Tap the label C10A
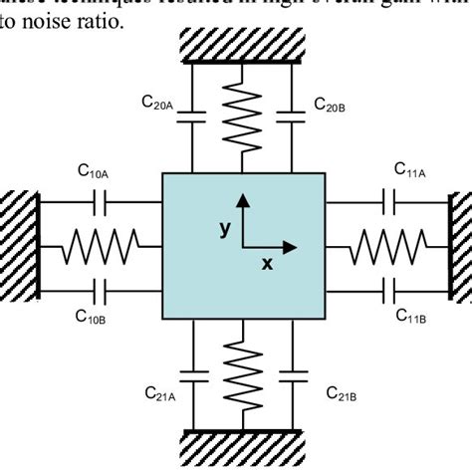coord(94,171)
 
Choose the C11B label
coord(411,317)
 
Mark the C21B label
coord(344,394)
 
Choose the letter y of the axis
coord(225,228)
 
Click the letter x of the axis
coord(266,264)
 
